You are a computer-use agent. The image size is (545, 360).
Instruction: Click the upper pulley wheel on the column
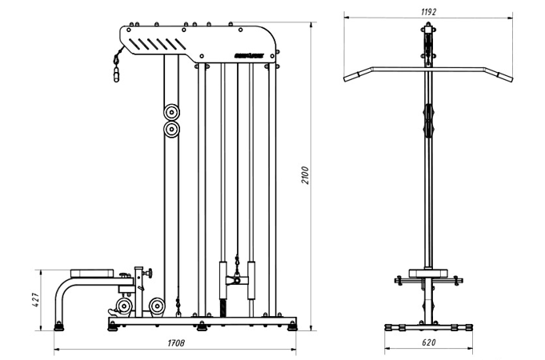click(171, 112)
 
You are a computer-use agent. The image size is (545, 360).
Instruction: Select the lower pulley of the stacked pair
click(171, 130)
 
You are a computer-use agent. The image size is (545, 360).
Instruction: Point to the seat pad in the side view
click(95, 273)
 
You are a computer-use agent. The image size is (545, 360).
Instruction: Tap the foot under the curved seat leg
click(58, 325)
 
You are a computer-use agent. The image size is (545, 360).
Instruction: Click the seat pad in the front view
click(428, 272)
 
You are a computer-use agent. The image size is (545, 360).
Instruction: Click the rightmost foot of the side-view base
click(293, 325)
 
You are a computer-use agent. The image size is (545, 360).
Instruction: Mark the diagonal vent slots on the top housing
click(151, 43)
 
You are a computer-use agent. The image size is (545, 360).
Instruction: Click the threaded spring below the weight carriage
click(223, 309)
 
